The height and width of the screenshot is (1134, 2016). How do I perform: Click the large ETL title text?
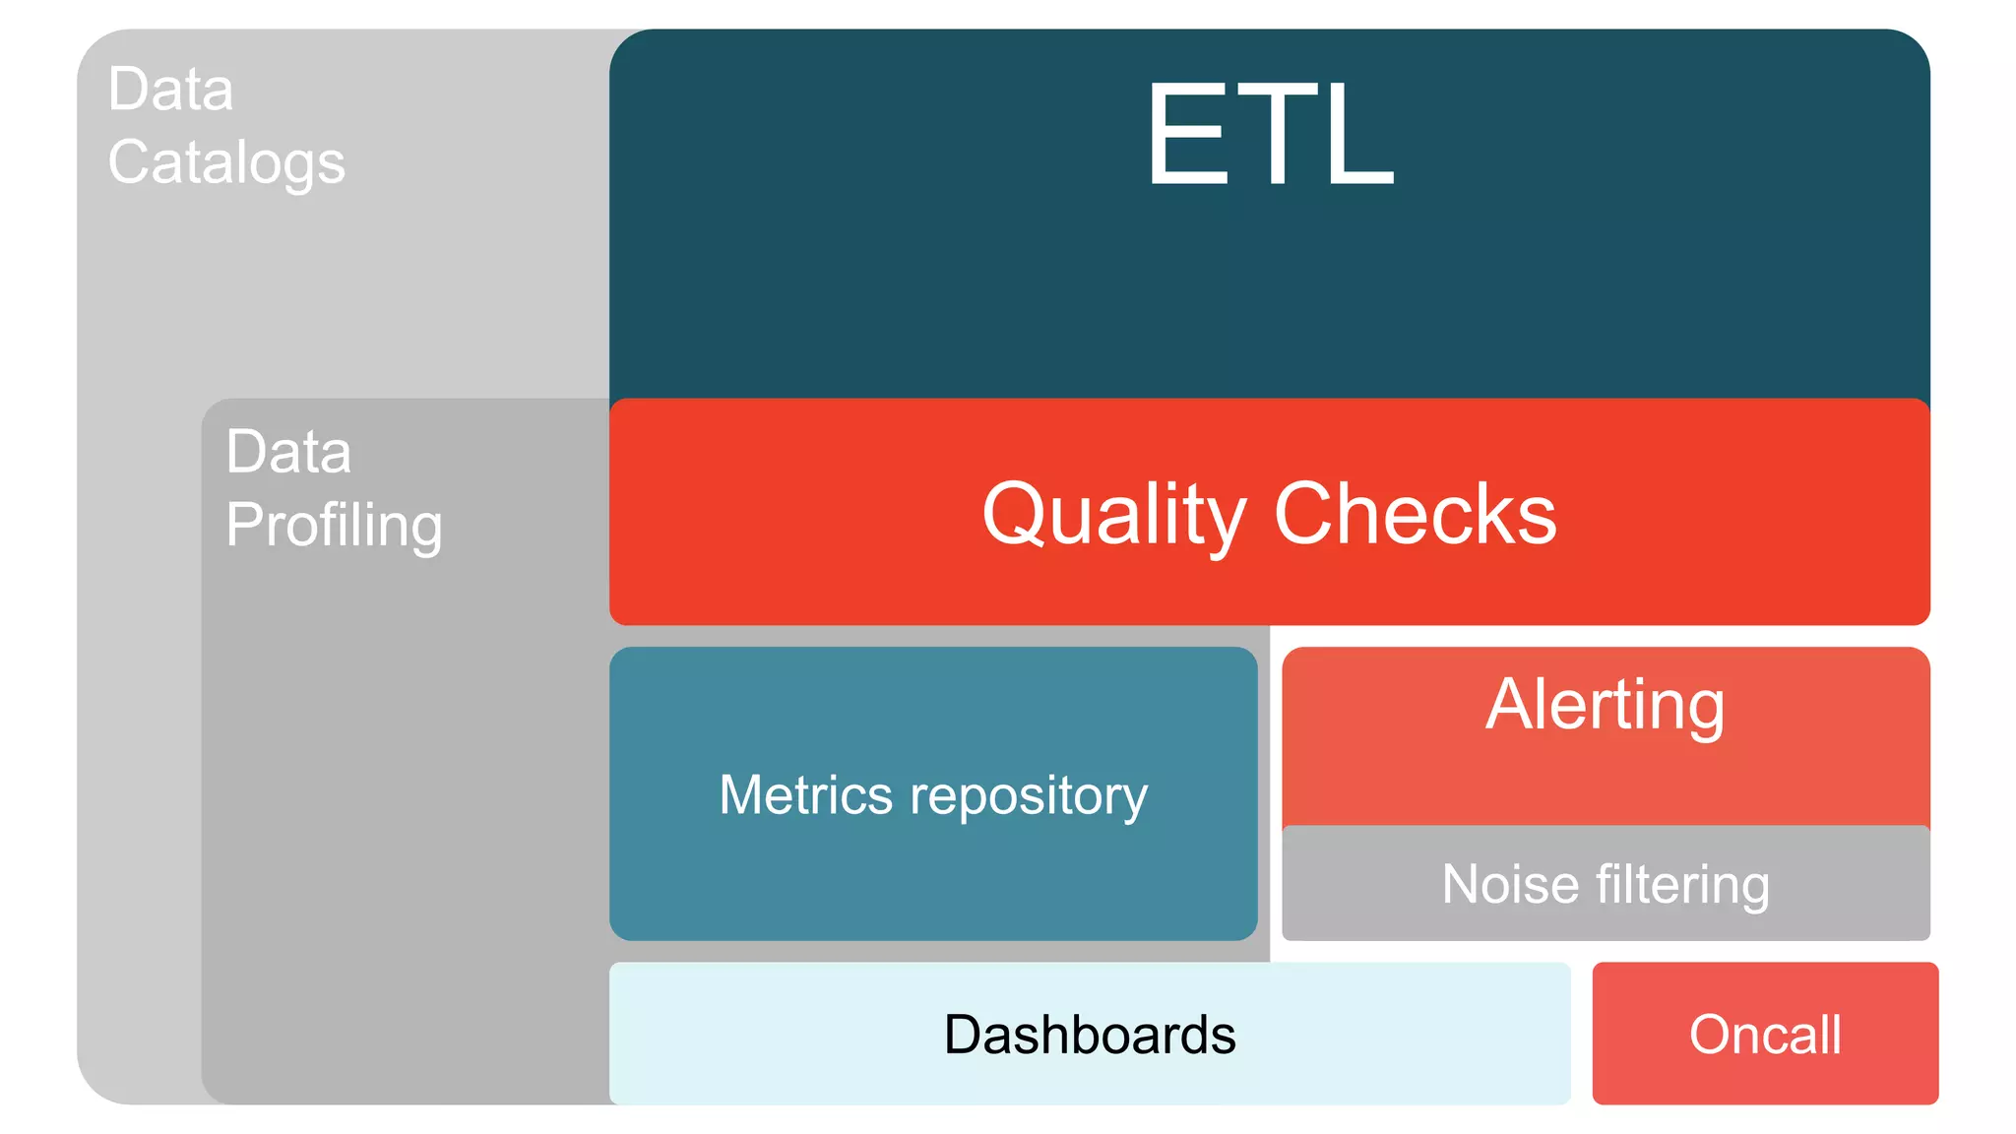pos(1270,135)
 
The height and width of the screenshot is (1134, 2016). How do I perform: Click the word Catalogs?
pos(226,163)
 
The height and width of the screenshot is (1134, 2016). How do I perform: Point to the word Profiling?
pos(334,526)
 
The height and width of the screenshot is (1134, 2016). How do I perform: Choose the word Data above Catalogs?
pos(170,90)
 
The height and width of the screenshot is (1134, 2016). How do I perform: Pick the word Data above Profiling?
pos(287,452)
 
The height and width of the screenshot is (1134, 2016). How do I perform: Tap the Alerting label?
pos(1605,705)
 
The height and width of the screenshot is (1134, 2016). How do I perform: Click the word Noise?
pos(1510,883)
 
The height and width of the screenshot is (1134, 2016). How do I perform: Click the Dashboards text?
pos(1090,1035)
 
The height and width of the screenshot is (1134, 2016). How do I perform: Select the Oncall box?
pos(1765,1034)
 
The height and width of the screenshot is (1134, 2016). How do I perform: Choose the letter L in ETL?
pos(1359,135)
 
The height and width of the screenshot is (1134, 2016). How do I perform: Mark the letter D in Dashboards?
pos(963,1035)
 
